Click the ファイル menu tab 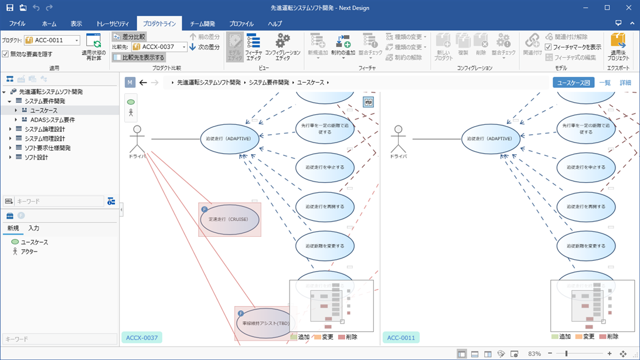[x=17, y=24]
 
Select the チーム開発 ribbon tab [x=202, y=24]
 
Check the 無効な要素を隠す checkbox [x=5, y=55]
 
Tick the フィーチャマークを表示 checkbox [x=549, y=47]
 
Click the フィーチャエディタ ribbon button [x=254, y=47]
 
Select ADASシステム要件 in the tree [x=52, y=120]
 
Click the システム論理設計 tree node [x=45, y=129]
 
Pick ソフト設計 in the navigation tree [x=36, y=157]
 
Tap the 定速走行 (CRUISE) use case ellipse [x=229, y=219]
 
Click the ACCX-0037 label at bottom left [x=142, y=338]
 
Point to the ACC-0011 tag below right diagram [x=401, y=338]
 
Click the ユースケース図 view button [x=573, y=83]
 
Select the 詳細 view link [x=625, y=83]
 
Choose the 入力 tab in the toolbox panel [x=34, y=228]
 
